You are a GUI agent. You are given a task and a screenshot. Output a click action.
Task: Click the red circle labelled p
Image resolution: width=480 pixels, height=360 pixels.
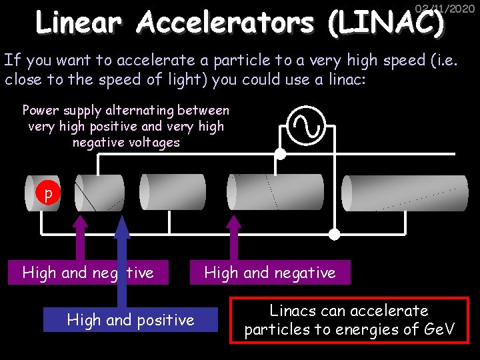(x=47, y=194)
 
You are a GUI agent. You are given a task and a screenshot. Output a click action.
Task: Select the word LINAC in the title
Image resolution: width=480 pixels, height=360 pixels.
(x=385, y=24)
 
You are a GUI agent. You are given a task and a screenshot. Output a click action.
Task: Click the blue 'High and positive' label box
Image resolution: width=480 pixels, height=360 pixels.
(x=131, y=320)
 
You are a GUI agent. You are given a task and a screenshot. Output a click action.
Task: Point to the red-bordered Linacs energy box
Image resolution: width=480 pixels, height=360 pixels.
(x=349, y=320)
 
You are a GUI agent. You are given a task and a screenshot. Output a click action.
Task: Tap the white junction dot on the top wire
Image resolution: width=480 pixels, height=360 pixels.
(x=281, y=155)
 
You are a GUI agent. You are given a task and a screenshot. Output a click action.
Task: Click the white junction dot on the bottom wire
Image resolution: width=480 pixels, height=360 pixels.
(x=334, y=233)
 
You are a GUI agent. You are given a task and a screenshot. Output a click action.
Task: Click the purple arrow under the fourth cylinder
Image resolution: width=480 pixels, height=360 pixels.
(x=233, y=240)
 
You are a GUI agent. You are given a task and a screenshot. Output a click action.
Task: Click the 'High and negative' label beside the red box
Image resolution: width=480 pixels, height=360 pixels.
(x=269, y=272)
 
